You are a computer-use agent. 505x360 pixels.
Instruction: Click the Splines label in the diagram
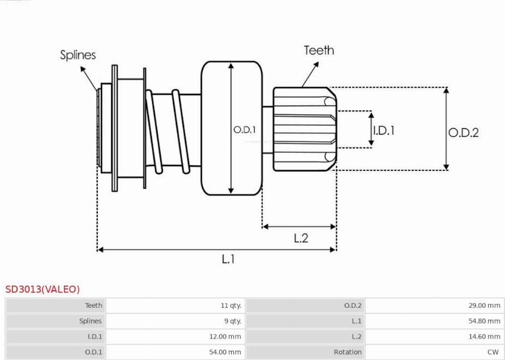click(78, 55)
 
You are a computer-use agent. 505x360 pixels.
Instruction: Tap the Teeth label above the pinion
click(319, 51)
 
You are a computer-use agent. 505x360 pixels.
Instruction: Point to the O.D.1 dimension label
click(244, 130)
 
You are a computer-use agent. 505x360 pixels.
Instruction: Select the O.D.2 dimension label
click(464, 132)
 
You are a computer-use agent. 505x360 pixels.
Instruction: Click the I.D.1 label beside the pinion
click(383, 131)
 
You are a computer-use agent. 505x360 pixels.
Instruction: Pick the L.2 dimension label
click(301, 238)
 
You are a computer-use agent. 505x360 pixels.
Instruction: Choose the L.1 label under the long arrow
click(228, 259)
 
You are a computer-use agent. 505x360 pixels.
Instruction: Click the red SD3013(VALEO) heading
click(43, 289)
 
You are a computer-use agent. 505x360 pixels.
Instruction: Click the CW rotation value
click(493, 352)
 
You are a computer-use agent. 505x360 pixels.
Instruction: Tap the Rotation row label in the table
click(348, 352)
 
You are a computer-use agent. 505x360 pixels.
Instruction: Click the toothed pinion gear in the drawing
click(304, 129)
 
